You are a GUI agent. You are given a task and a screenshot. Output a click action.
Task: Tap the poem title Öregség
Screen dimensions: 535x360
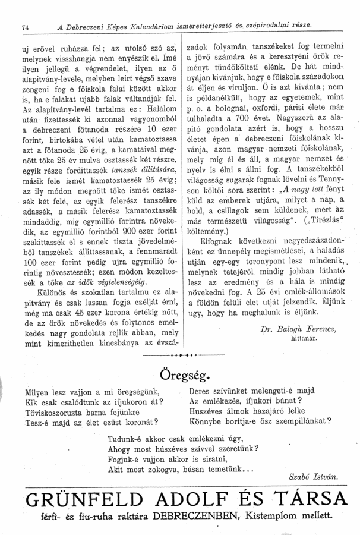pyautogui.click(x=181, y=377)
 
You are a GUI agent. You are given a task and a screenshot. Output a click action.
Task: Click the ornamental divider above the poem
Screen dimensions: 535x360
pyautogui.click(x=181, y=354)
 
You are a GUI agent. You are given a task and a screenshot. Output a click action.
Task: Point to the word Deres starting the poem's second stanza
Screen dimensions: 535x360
pyautogui.click(x=202, y=392)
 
